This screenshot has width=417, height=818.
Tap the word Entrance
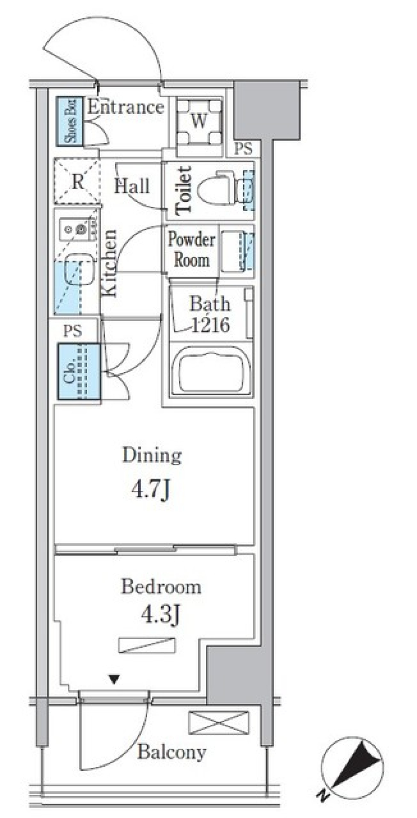[x=126, y=107]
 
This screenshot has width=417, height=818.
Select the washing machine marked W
[x=199, y=121]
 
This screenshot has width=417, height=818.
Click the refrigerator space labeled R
[x=77, y=181]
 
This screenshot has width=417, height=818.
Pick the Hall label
[x=132, y=186]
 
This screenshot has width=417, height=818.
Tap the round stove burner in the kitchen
[x=79, y=229]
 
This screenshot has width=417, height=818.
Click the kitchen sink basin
[x=79, y=269]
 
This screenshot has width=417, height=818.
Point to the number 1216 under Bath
[x=211, y=325]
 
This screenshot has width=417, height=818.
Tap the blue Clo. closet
[x=79, y=371]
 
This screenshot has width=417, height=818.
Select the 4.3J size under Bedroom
[x=161, y=614]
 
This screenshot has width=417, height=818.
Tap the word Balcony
[x=172, y=752]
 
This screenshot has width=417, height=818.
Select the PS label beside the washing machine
[x=243, y=149]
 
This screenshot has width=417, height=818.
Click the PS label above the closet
[x=72, y=331]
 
